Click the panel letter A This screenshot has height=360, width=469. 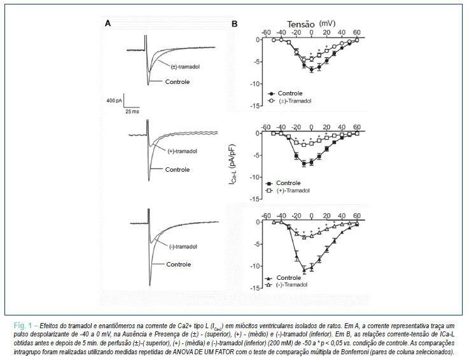pyautogui.click(x=108, y=24)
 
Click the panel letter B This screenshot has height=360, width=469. pyautogui.click(x=234, y=24)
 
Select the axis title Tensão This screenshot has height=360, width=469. pyautogui.click(x=301, y=24)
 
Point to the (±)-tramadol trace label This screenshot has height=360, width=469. pyautogui.click(x=185, y=67)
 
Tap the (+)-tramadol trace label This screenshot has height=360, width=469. pyautogui.click(x=183, y=151)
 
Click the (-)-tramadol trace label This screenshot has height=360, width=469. pyautogui.click(x=183, y=247)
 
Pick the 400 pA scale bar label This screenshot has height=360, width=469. pyautogui.click(x=115, y=100)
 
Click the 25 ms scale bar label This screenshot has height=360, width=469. pyautogui.click(x=132, y=111)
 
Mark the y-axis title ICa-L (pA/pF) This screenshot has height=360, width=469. pyautogui.click(x=232, y=165)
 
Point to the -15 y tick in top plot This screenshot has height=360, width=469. pyautogui.click(x=255, y=106)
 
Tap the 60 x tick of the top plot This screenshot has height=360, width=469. pyautogui.click(x=357, y=32)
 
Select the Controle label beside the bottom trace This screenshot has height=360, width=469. pyautogui.click(x=179, y=265)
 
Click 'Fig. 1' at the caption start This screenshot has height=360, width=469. pyautogui.click(x=23, y=326)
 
